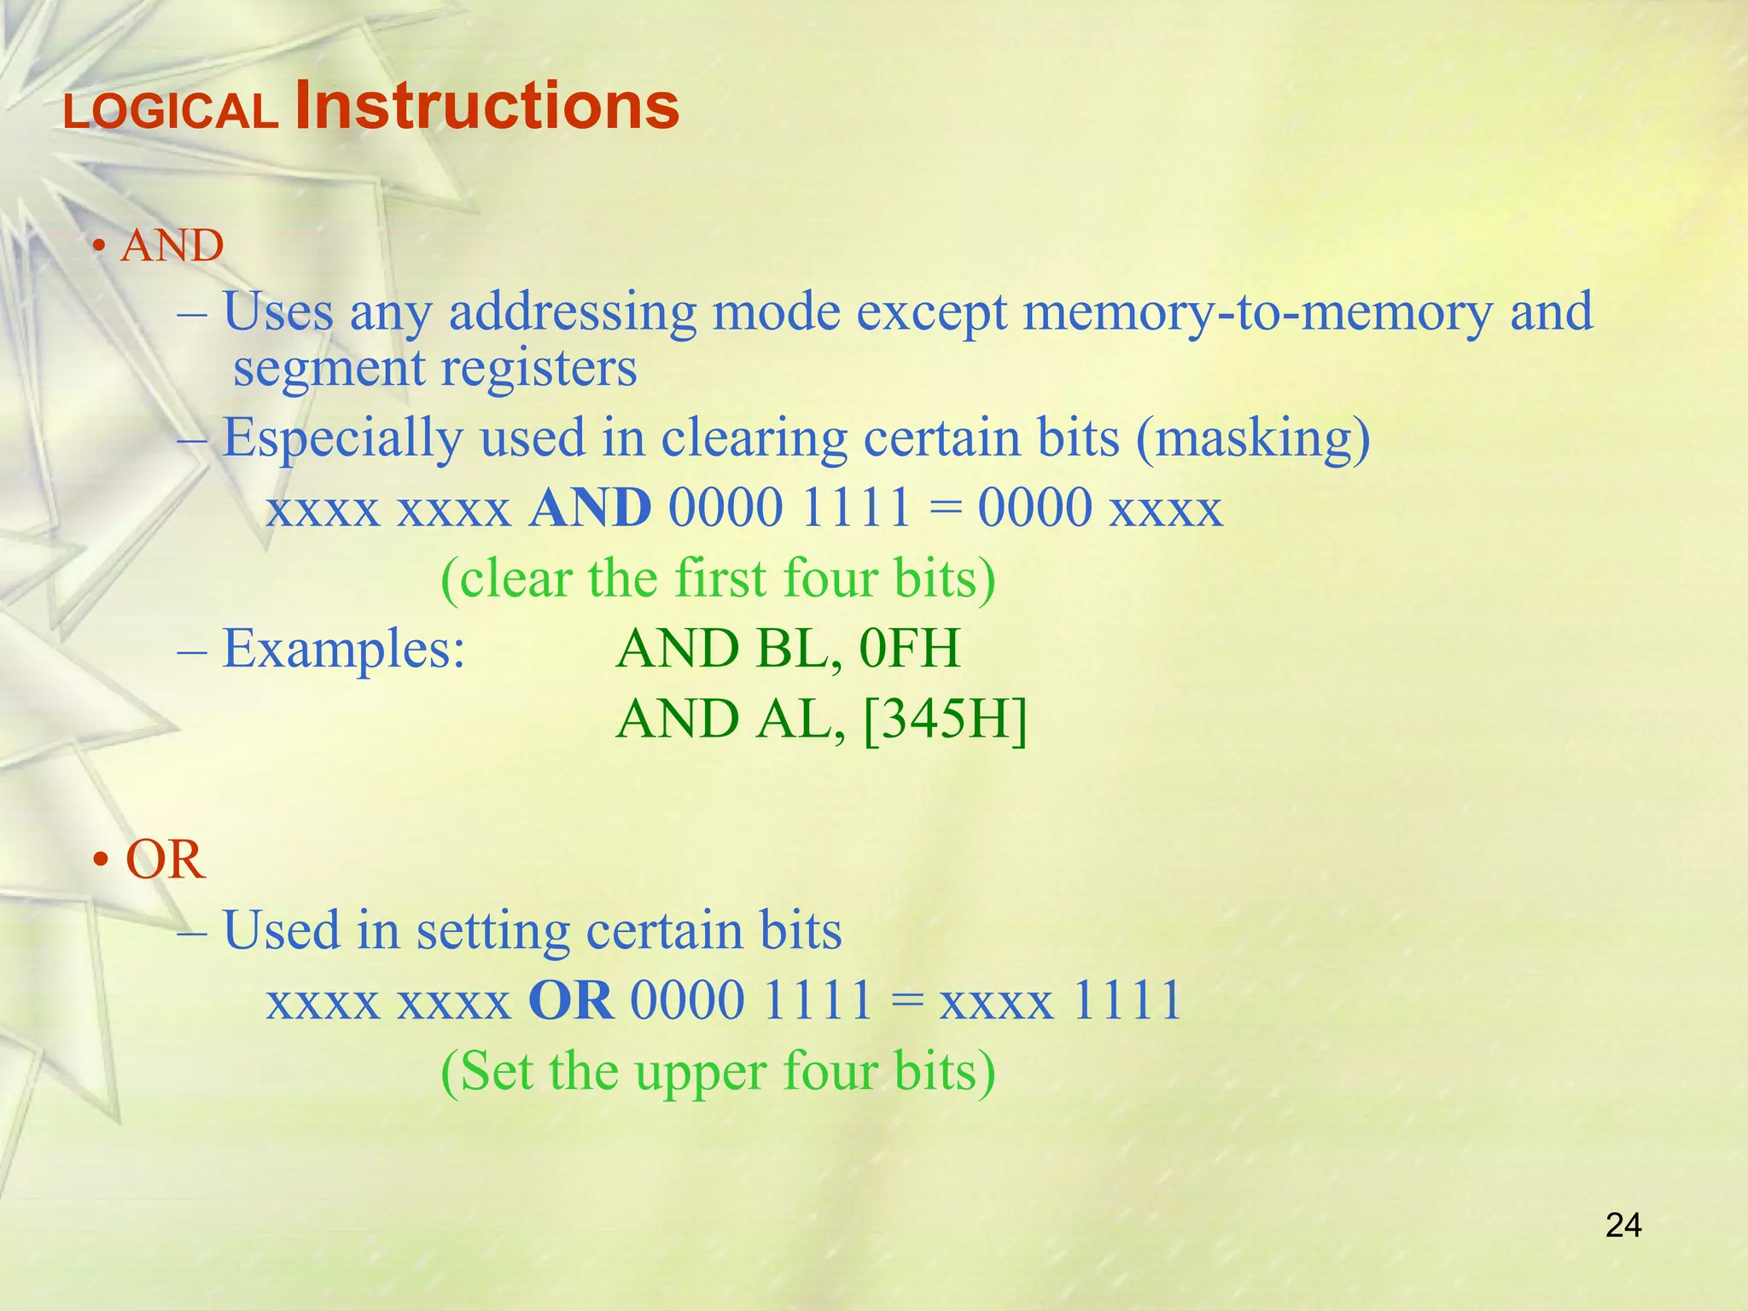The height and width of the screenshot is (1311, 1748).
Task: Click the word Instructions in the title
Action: [487, 106]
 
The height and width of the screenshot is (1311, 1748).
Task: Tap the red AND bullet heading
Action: [172, 247]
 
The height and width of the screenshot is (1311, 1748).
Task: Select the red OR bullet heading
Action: [165, 859]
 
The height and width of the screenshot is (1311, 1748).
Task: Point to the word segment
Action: [329, 370]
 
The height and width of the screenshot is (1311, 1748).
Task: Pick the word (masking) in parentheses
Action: [1253, 439]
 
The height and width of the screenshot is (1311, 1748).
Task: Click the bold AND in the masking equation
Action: [590, 509]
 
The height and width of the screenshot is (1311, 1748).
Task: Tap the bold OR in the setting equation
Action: [571, 1000]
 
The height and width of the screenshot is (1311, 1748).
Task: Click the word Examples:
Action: [344, 649]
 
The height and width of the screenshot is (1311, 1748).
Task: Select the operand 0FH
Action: [910, 649]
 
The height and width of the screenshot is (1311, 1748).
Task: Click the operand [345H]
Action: [945, 720]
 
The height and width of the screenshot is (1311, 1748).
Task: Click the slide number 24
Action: [1623, 1226]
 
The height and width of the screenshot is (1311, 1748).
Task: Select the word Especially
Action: [342, 439]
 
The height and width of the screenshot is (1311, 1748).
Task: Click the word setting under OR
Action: [492, 930]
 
